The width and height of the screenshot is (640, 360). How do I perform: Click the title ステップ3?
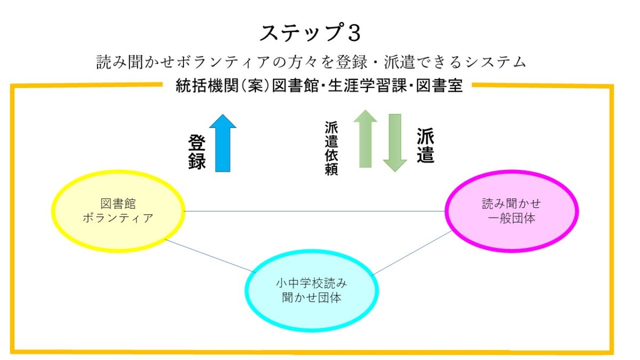(310, 33)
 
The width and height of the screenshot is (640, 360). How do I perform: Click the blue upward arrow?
(222, 143)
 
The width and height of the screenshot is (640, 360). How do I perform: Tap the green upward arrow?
(365, 139)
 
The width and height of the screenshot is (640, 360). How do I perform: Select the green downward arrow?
(395, 143)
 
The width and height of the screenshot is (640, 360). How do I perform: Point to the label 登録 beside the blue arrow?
(197, 152)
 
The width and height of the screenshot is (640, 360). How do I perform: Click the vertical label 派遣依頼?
(331, 148)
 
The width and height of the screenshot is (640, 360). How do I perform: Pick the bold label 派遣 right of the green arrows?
(426, 146)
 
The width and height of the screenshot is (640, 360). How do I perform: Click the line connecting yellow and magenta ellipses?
(315, 211)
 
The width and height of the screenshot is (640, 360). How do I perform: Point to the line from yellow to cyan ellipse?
(210, 255)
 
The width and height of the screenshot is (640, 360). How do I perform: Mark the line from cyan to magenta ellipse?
(411, 253)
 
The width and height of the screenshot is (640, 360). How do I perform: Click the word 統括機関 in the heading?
(207, 85)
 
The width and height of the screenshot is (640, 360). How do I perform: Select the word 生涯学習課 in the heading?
(367, 85)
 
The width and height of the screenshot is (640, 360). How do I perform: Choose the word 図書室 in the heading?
(439, 85)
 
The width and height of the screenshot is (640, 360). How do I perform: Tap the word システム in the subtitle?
(495, 62)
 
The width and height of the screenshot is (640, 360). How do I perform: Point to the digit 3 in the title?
(354, 33)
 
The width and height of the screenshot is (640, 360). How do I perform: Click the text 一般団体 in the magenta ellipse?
(511, 219)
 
